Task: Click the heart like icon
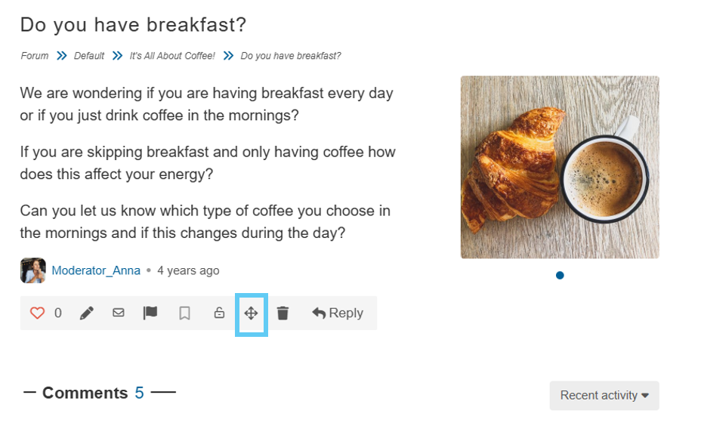pyautogui.click(x=37, y=313)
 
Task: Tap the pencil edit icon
pyautogui.click(x=87, y=313)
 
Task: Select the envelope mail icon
pyautogui.click(x=119, y=313)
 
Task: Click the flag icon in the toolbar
pyautogui.click(x=150, y=313)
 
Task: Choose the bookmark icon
pyautogui.click(x=184, y=313)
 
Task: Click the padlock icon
pyautogui.click(x=219, y=313)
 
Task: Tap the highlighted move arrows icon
pyautogui.click(x=252, y=313)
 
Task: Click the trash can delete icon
pyautogui.click(x=283, y=313)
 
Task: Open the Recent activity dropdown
pyautogui.click(x=604, y=396)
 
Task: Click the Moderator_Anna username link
pyautogui.click(x=96, y=270)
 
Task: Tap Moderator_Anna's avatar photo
pyautogui.click(x=33, y=270)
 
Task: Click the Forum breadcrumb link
pyautogui.click(x=35, y=56)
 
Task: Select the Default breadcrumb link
pyautogui.click(x=89, y=56)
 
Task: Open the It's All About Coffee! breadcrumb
pyautogui.click(x=172, y=56)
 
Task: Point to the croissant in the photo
pyautogui.click(x=512, y=168)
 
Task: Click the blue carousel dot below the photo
pyautogui.click(x=560, y=275)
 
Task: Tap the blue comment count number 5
pyautogui.click(x=140, y=393)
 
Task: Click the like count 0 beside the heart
pyautogui.click(x=58, y=313)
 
